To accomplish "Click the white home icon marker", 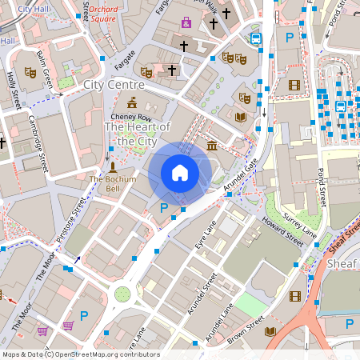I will pos(180,172).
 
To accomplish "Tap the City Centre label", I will pos(113,83).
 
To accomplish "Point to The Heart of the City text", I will pos(138,134).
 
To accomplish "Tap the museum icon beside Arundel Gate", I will pos(211,145).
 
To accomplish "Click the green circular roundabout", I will pos(122,294).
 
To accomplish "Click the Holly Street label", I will pos(12,89).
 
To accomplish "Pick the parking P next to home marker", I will pos(164,207).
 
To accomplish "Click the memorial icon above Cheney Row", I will pos(132,102).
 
